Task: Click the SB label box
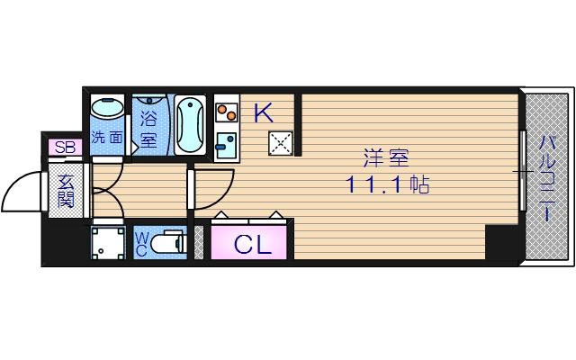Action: point(65,147)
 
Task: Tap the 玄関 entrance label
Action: point(67,190)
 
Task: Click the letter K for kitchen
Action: point(263,112)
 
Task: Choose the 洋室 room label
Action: point(386,160)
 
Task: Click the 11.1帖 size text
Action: point(386,186)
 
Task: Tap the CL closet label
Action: point(252,243)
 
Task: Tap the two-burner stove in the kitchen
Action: point(226,113)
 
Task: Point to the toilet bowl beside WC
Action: point(169,242)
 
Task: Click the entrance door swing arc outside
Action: point(22,189)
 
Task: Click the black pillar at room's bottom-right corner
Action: point(499,242)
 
